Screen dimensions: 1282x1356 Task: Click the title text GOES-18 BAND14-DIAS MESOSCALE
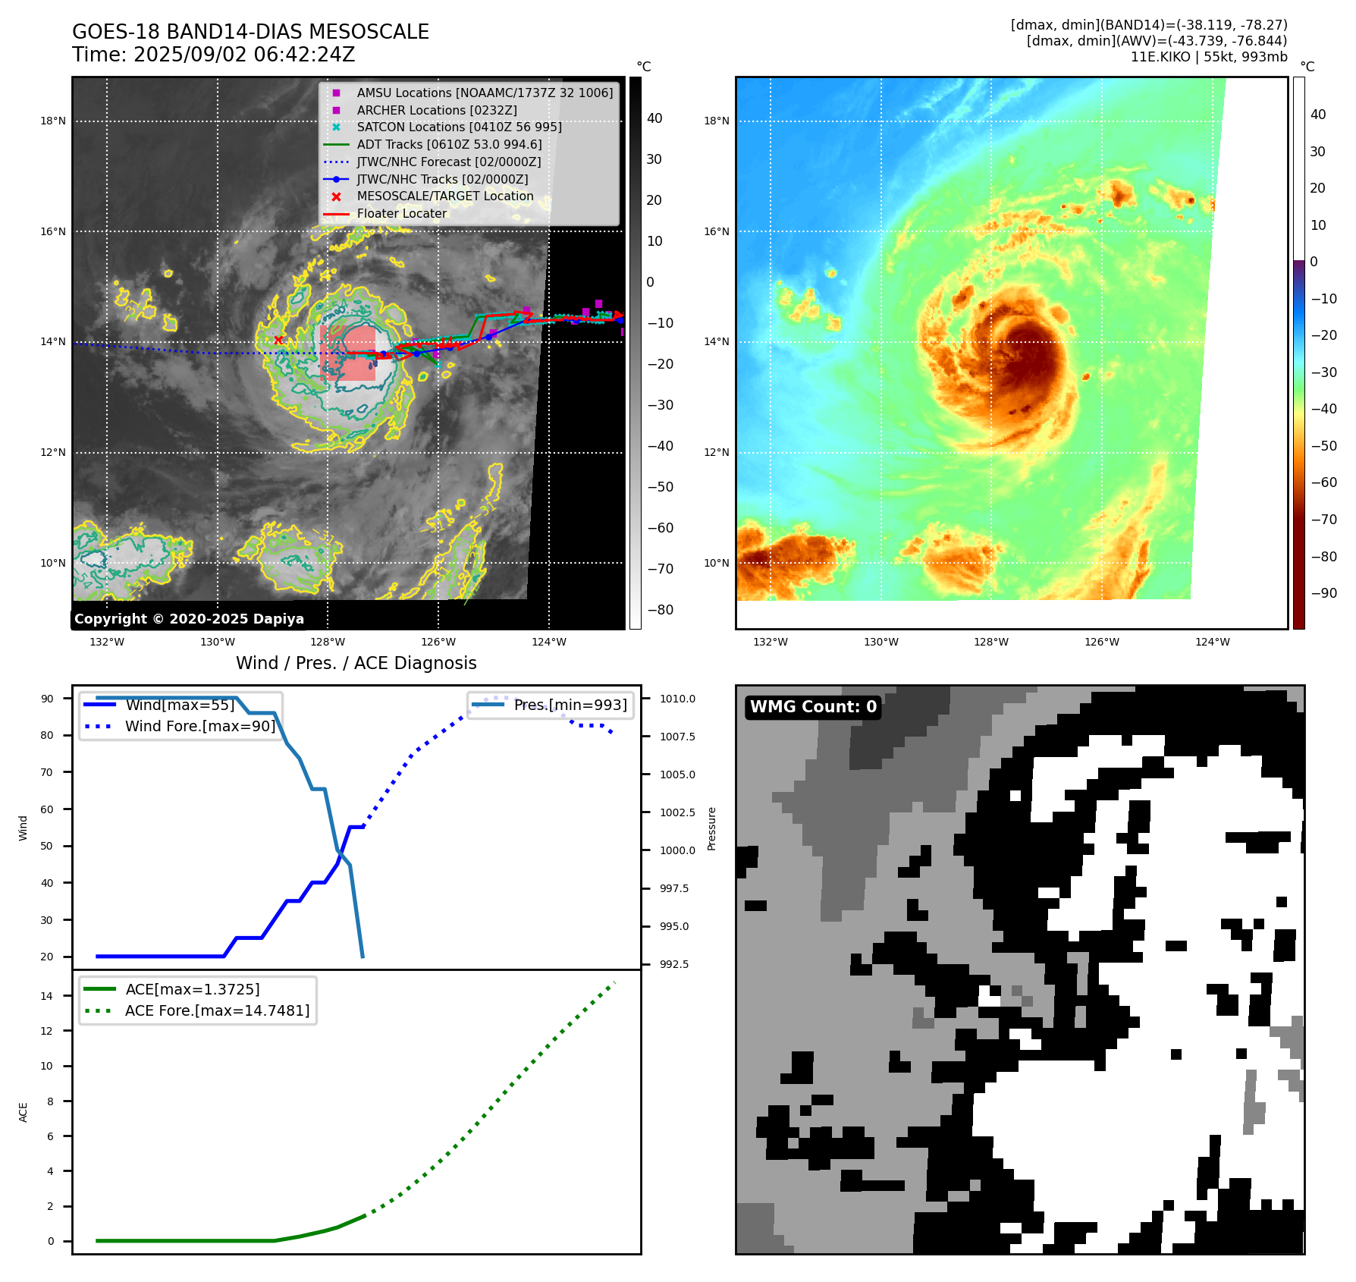click(x=250, y=32)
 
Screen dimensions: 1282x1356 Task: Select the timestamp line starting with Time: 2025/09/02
click(x=213, y=55)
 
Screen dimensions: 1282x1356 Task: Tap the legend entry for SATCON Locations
click(x=459, y=127)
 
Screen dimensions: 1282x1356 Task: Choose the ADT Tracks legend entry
click(x=449, y=144)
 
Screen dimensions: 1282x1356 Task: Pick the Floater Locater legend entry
click(x=401, y=214)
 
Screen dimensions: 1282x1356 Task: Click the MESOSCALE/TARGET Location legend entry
click(x=444, y=196)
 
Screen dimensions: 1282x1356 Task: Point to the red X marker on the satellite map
click(x=278, y=340)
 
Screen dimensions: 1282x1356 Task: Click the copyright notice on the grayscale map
click(x=189, y=619)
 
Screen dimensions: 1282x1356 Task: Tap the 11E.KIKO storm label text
click(x=1208, y=57)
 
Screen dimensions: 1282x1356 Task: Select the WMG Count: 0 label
click(x=813, y=707)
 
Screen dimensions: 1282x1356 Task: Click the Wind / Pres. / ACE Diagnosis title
click(x=356, y=663)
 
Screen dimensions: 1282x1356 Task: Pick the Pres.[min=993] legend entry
click(x=570, y=705)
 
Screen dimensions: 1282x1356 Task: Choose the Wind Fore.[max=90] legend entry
click(x=199, y=726)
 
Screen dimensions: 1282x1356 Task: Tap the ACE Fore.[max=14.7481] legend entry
click(x=217, y=1010)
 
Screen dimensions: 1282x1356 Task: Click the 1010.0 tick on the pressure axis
click(x=677, y=699)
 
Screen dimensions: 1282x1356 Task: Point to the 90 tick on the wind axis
click(x=47, y=699)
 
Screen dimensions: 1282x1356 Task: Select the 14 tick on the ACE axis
click(x=47, y=996)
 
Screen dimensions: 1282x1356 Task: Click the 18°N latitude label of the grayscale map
click(x=53, y=121)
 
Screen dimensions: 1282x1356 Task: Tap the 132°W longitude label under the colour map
click(x=771, y=642)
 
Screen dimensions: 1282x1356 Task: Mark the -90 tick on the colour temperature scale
click(x=1324, y=593)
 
